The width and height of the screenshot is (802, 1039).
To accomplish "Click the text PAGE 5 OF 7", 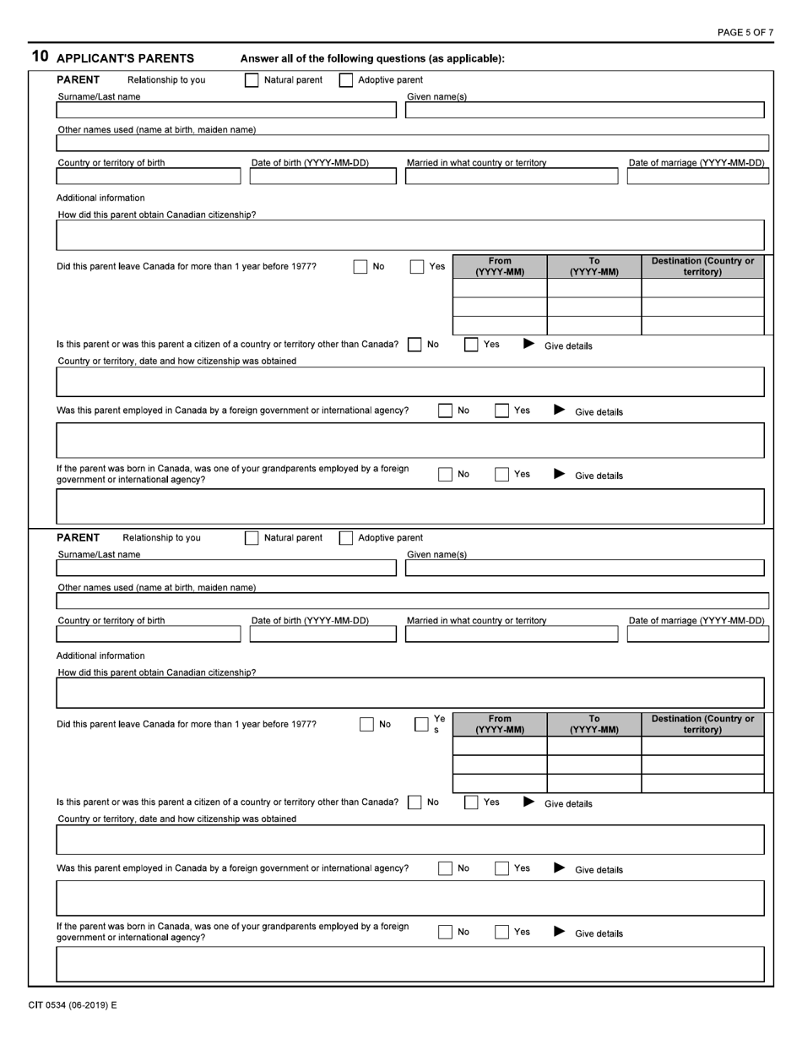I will coord(745,32).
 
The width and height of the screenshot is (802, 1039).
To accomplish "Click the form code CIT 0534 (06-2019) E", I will coord(73,1005).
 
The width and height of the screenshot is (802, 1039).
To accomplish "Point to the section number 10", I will coord(40,57).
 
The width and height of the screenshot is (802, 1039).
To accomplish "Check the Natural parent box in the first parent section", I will coord(252,80).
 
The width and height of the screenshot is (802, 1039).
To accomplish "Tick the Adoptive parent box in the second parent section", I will coord(346,538).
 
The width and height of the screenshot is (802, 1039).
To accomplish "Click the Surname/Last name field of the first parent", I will coord(225,111).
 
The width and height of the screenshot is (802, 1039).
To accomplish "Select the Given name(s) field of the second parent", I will coord(584,568).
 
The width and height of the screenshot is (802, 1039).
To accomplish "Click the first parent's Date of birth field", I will coord(322,177).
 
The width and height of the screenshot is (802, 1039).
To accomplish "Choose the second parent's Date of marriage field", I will coord(697,634).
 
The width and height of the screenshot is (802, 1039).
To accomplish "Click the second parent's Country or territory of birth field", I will coord(148,634).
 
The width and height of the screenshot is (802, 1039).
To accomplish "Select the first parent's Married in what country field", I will coord(511,177).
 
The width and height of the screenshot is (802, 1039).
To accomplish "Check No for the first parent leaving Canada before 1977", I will coord(360,267).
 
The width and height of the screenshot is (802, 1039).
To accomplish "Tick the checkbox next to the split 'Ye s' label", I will coord(421,725).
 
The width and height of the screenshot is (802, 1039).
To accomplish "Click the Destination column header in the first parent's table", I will coord(702,267).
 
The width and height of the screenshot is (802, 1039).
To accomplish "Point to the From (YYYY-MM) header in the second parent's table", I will coord(500,725).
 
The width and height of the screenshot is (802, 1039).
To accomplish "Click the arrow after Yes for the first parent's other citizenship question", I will coord(528,344).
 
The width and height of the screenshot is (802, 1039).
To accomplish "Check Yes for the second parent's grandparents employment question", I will coord(501,933).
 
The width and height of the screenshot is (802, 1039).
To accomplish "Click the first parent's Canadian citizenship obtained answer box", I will coord(409,236).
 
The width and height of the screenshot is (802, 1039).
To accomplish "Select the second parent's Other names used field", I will coord(412,601).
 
